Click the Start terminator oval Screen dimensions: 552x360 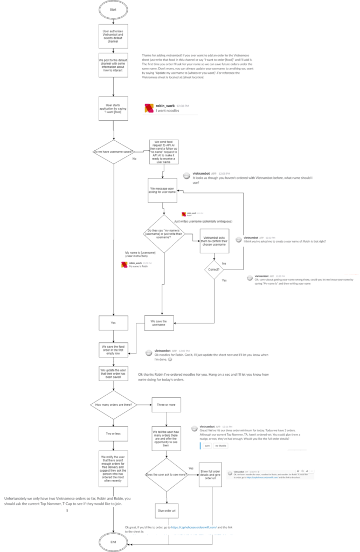coord(113,9)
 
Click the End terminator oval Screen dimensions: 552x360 coord(113,541)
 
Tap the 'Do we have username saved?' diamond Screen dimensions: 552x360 coord(113,151)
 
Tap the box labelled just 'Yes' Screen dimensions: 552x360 coord(113,322)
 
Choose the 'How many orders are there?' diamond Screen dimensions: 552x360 coord(113,404)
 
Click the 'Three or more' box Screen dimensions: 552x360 coord(165,404)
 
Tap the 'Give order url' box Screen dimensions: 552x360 coord(165,510)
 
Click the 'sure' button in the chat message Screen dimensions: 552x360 coord(206,446)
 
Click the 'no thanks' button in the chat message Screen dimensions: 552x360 coord(221,446)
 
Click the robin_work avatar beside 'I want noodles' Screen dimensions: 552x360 coord(149,108)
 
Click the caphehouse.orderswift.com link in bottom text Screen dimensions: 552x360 coord(193,527)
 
